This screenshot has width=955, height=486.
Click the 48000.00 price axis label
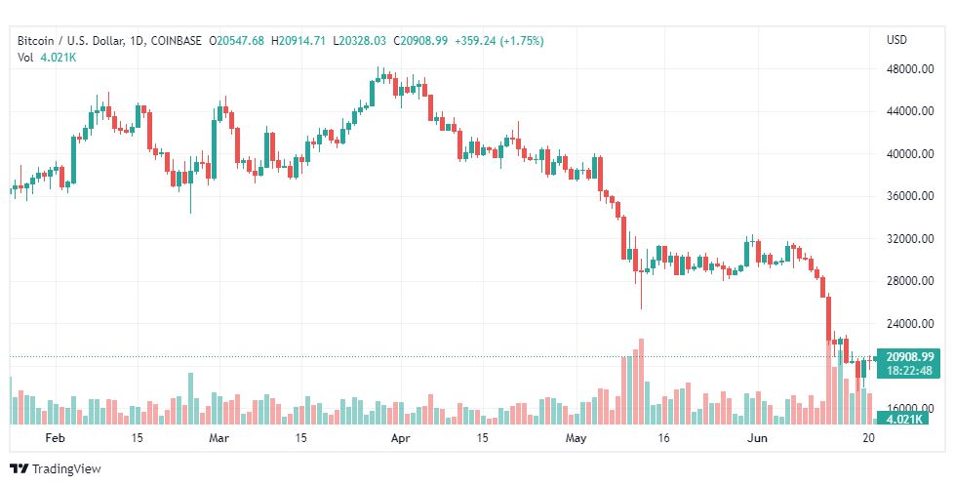(x=909, y=69)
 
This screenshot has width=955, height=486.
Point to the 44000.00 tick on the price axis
(x=909, y=111)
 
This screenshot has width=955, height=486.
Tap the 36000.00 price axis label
(x=909, y=196)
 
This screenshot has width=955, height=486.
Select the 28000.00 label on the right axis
(x=909, y=281)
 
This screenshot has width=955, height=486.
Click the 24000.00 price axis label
(x=909, y=323)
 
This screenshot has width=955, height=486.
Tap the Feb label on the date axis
(x=55, y=438)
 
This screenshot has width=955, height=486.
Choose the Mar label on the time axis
(x=219, y=438)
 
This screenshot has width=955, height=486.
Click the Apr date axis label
(x=401, y=438)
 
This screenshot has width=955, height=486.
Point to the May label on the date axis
(x=577, y=438)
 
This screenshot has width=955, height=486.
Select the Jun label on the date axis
(x=757, y=438)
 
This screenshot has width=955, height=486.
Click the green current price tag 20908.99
(x=910, y=357)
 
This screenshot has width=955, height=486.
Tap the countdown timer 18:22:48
(x=910, y=370)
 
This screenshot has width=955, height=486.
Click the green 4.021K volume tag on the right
(x=904, y=419)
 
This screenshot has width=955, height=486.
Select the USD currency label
(x=896, y=40)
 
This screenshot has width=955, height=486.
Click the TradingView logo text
(x=66, y=469)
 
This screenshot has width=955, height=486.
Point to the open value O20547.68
(x=237, y=41)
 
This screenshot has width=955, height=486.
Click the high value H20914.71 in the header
(x=298, y=41)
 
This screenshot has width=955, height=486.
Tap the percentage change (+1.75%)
(x=522, y=41)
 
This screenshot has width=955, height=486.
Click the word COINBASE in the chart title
(x=176, y=41)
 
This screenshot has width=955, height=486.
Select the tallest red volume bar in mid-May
(x=641, y=382)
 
